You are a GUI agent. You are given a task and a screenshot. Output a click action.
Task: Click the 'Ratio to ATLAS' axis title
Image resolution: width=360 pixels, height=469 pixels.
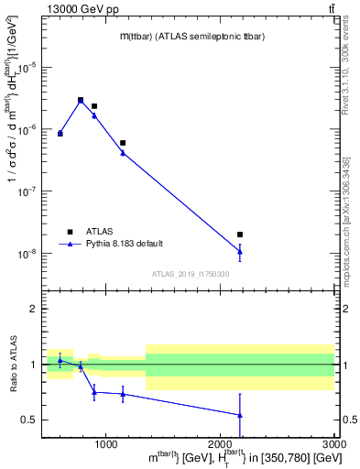pyautogui.click(x=12, y=364)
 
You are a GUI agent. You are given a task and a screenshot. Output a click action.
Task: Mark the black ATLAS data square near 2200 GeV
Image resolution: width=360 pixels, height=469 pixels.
pyautogui.click(x=240, y=234)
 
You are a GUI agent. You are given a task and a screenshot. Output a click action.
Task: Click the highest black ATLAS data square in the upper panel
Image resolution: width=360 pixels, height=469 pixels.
pyautogui.click(x=81, y=100)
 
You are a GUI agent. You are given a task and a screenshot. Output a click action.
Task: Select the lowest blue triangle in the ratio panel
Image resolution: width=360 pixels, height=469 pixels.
pyautogui.click(x=240, y=415)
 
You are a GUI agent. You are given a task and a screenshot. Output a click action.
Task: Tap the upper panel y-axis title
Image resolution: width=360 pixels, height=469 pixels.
pyautogui.click(x=13, y=147)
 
